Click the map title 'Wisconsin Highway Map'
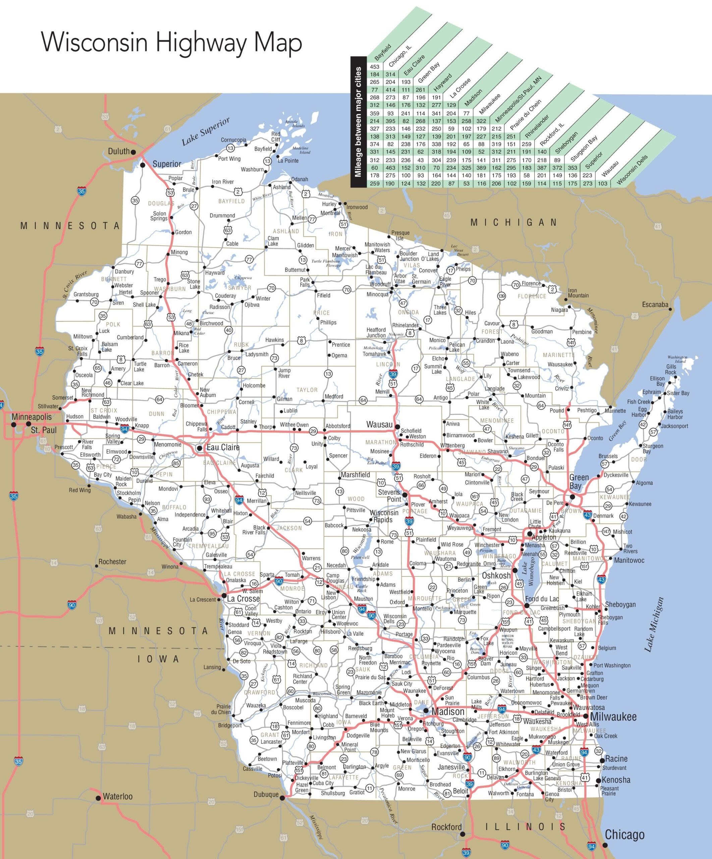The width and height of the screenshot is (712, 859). [172, 43]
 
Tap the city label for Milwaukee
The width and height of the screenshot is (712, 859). [613, 717]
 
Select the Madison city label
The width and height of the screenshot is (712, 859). [448, 711]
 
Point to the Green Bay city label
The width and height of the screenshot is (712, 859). [579, 482]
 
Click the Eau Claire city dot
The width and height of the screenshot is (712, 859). [200, 448]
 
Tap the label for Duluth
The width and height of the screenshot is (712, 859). [118, 151]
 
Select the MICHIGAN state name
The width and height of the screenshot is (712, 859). [514, 222]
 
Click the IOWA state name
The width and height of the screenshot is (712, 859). [158, 659]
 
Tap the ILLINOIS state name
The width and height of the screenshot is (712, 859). [525, 827]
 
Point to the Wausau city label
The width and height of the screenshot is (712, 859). [379, 424]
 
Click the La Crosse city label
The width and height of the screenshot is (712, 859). [243, 598]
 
